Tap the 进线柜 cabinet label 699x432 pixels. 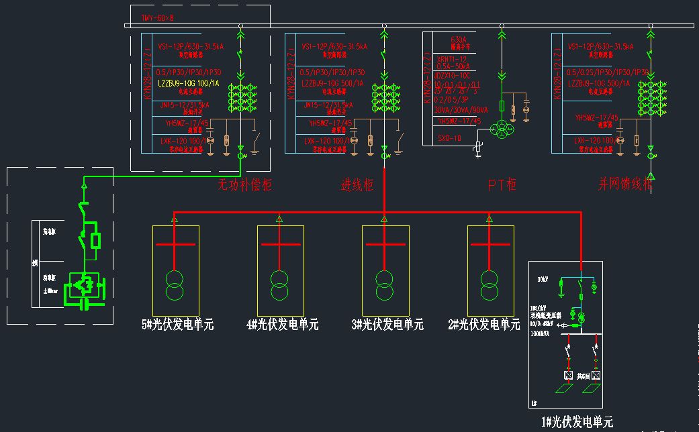tap(357, 185)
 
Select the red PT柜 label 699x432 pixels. tap(502, 184)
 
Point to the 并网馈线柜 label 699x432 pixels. tap(624, 185)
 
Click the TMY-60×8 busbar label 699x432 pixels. tap(157, 17)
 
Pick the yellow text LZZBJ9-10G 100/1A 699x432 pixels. tap(189, 84)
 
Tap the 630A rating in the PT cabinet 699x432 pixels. tap(459, 40)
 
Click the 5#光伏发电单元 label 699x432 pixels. tap(177, 325)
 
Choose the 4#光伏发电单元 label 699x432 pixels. tap(282, 325)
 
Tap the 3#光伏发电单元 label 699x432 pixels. tap(387, 325)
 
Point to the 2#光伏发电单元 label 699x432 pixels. tap(483, 325)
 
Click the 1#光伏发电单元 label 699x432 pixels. tap(577, 422)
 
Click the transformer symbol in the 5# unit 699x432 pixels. tap(175, 285)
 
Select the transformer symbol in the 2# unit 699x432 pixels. tap(490, 285)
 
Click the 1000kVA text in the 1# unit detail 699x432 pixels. tap(541, 332)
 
